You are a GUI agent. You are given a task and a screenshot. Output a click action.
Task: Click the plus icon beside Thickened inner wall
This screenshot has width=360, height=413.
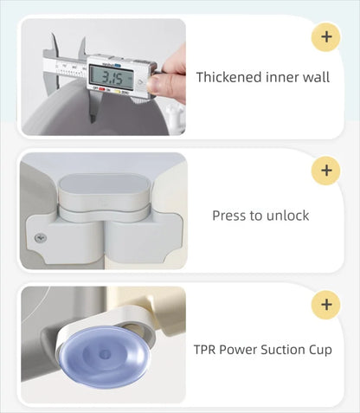(326, 37)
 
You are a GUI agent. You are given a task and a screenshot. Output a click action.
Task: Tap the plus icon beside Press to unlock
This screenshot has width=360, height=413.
(326, 171)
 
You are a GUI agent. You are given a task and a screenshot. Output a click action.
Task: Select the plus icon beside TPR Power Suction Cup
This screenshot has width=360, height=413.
(326, 305)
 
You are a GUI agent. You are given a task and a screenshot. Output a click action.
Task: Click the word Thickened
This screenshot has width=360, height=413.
(229, 77)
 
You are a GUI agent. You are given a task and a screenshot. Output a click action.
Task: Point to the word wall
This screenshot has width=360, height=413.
(316, 77)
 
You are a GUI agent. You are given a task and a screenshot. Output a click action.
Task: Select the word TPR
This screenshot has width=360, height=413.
(204, 350)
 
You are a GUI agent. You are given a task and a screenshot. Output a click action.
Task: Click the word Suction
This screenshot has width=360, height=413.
(283, 350)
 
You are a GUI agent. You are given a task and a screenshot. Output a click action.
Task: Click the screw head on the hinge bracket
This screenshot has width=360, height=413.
(41, 238)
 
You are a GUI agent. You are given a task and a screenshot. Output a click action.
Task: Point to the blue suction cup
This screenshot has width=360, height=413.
(105, 352)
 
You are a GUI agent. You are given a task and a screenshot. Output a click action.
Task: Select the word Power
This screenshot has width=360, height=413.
(238, 350)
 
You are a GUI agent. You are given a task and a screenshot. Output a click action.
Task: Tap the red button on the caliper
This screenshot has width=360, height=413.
(101, 89)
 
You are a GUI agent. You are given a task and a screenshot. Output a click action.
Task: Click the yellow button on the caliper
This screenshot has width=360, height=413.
(118, 92)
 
